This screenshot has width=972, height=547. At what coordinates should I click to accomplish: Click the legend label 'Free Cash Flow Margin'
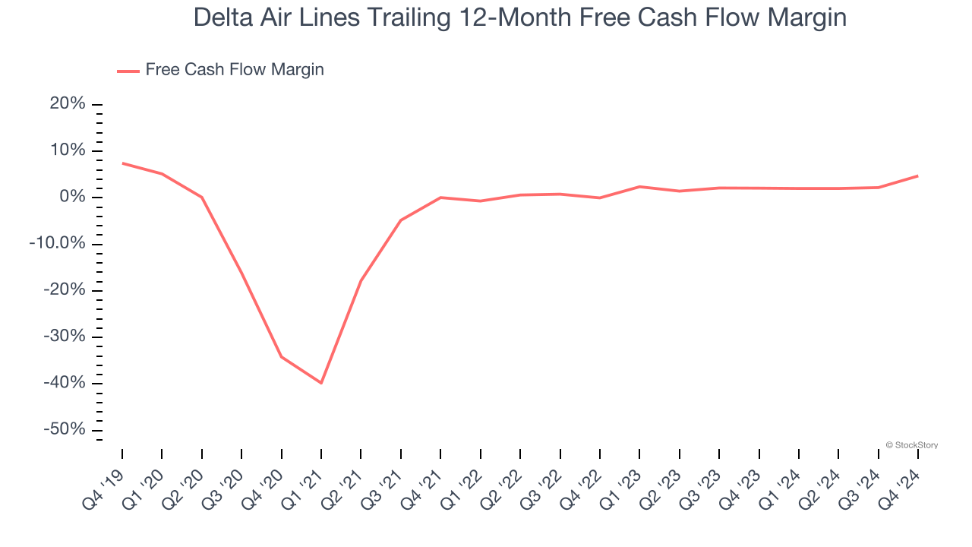coord(235,70)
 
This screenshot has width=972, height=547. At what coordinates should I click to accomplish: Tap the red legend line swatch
coord(128,71)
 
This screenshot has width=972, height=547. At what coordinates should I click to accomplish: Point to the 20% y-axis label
coord(68,104)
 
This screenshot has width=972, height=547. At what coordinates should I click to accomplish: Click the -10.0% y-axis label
coord(58,244)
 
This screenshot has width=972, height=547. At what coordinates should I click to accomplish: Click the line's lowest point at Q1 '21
coord(321,383)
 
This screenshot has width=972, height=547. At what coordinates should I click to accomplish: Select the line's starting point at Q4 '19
coord(122,163)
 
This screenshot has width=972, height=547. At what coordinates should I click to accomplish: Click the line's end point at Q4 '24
coord(917,176)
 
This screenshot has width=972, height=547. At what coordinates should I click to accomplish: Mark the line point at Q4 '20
coord(281,356)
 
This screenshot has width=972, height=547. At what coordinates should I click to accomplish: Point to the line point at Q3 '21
coord(400,220)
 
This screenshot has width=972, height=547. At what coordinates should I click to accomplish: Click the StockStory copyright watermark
coord(911,445)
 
